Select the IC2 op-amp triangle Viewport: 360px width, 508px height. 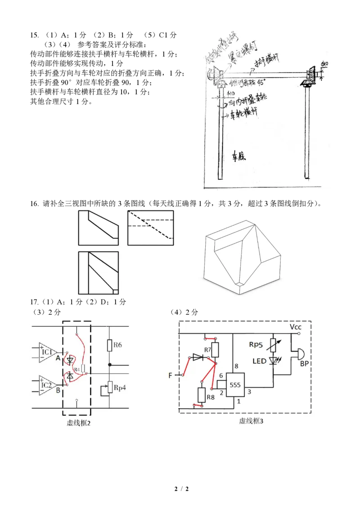49,385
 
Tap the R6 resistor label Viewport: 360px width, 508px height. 118,345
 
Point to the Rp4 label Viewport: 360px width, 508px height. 119,387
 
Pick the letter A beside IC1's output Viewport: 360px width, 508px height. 58,358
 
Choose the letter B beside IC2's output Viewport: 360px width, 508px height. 58,391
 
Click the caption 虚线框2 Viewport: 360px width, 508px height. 79,423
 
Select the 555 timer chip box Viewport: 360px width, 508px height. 235,385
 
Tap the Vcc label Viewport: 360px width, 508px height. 296,327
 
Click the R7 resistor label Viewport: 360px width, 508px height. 207,349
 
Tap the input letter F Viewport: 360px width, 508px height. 171,375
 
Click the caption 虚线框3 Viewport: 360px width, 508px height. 251,421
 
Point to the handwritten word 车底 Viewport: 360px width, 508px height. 238,157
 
